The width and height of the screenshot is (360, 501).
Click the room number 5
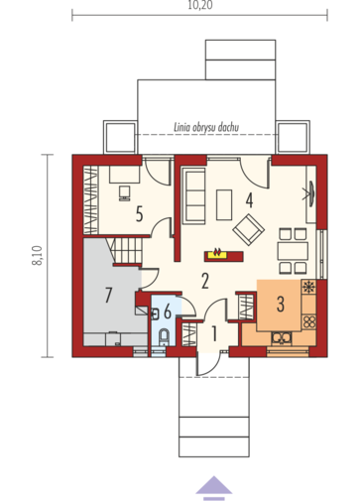tap(139, 214)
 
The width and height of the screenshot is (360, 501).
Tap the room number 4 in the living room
tap(249, 200)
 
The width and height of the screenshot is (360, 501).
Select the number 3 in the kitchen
tap(281, 305)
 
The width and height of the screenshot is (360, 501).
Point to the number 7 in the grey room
tap(108, 295)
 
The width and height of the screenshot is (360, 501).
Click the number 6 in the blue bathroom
tap(168, 312)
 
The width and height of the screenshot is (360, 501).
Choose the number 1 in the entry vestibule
tap(214, 333)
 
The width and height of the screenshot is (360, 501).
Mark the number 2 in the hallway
tap(205, 281)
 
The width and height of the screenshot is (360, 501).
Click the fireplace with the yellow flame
tap(224, 256)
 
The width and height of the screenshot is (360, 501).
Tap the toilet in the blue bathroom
tap(164, 337)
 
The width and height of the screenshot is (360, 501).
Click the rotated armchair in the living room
tap(249, 230)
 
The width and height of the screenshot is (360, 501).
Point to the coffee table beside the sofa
tap(224, 204)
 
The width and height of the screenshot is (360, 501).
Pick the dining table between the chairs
tap(293, 251)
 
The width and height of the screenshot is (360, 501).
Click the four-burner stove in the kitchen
tap(309, 321)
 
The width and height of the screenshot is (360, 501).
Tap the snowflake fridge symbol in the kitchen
tap(308, 287)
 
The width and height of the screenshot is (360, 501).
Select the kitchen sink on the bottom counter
tap(282, 337)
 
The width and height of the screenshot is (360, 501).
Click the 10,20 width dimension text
tap(200, 6)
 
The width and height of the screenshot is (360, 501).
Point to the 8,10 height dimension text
tap(37, 256)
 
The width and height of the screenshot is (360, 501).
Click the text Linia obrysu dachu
tap(206, 127)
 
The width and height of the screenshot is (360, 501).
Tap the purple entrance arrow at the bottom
tap(214, 488)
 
